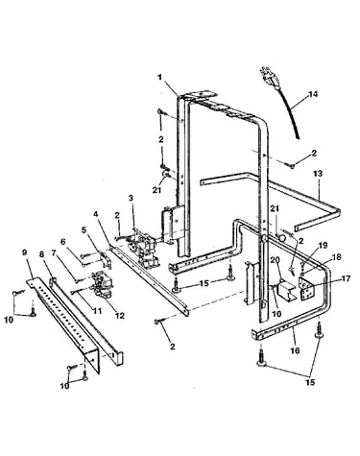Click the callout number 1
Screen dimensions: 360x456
[x=159, y=77]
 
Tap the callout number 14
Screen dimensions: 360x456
[x=313, y=94]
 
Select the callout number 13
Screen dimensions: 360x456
[x=318, y=174]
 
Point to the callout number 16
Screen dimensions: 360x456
[x=295, y=350]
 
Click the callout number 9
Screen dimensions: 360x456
[x=24, y=252]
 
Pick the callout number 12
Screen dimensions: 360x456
[x=120, y=315]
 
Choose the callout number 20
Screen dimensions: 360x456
[x=276, y=258]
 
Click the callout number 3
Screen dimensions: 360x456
[x=131, y=198]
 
